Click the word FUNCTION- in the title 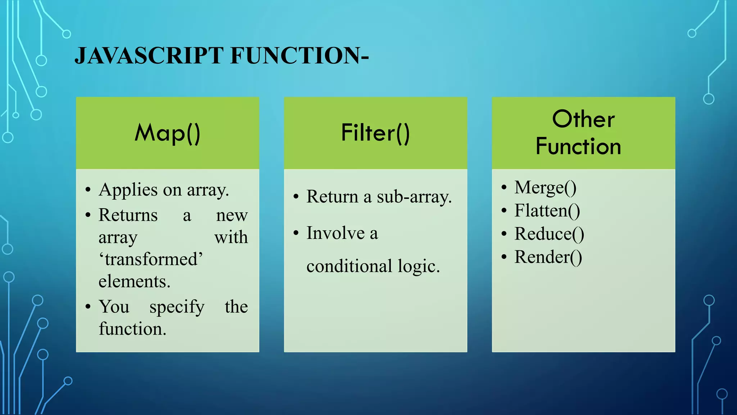point(299,56)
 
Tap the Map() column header point(167,133)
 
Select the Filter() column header point(375,133)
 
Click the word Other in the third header point(583,119)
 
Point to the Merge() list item point(545,187)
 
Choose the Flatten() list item point(547,211)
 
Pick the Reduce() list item point(549,234)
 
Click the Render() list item point(548,257)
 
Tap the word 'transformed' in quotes point(151,259)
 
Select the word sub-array point(414,197)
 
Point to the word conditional point(349,267)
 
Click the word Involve point(335,233)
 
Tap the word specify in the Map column point(177,307)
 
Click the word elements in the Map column point(134,282)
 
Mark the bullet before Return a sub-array point(296,197)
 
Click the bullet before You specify point(88,307)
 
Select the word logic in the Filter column point(419,267)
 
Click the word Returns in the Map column point(128,215)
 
